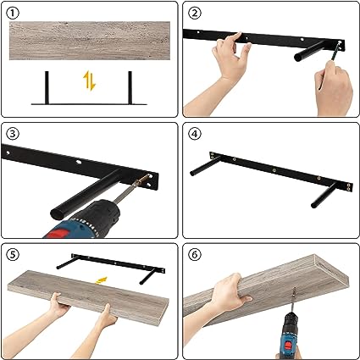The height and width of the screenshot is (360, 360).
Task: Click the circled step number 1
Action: point(14,13)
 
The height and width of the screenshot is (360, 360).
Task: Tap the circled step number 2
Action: point(195,13)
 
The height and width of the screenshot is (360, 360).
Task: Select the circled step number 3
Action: point(13,134)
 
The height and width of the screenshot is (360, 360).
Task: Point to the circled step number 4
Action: point(195,134)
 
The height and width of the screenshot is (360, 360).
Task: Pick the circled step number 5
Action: point(13,255)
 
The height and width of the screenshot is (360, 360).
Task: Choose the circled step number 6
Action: point(195,255)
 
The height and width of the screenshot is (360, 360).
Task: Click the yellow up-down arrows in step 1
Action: point(90,80)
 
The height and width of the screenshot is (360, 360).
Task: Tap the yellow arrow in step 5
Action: point(102,280)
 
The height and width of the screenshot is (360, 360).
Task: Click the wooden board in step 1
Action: point(90,41)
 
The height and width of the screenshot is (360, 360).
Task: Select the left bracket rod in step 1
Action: point(47,87)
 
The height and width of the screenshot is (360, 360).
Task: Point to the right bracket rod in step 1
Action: point(130,87)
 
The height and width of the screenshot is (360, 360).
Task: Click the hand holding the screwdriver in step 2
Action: point(334,87)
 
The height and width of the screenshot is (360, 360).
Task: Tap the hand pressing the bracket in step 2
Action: point(226,70)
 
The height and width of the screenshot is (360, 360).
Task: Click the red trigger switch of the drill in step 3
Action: point(58,234)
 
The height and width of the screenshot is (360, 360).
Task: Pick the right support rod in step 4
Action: point(324,196)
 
